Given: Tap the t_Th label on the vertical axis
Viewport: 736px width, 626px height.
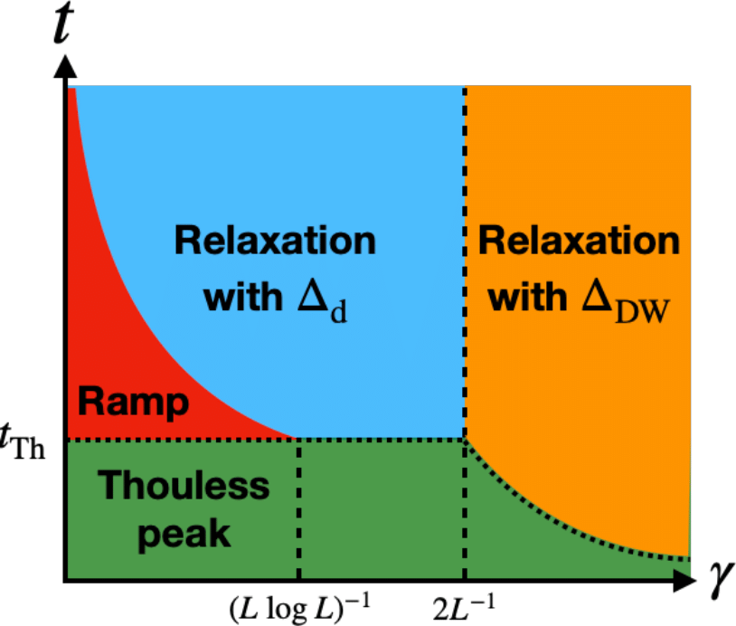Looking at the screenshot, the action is click(23, 441).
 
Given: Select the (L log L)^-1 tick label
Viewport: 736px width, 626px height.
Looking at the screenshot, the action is click(299, 607).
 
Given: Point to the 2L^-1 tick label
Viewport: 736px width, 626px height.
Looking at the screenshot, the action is click(464, 607).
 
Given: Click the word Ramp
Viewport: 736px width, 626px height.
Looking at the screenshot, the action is click(133, 403).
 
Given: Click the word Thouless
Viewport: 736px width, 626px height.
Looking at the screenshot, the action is click(184, 485).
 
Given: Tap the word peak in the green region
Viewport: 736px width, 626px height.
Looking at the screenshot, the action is click(184, 536).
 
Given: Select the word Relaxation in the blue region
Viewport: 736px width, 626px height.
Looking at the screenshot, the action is click(275, 241).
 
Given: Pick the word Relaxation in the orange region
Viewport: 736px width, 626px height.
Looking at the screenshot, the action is click(579, 241).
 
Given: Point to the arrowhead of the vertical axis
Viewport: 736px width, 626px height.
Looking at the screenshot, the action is click(65, 66).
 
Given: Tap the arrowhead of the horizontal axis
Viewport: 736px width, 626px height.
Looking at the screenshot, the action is click(685, 581).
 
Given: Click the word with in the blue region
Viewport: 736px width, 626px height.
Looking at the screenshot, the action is click(243, 297).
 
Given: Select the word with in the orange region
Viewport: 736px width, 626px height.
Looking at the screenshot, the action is click(528, 297).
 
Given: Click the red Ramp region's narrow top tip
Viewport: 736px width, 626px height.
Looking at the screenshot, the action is click(71, 90).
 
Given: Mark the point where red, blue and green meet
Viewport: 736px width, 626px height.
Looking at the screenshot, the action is click(297, 439).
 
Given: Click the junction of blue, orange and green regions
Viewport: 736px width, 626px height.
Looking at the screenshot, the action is click(465, 440).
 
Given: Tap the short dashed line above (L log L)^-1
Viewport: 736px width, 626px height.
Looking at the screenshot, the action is click(299, 509).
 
